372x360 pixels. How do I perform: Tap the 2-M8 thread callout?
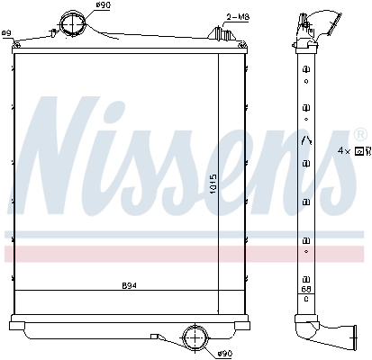(239, 16)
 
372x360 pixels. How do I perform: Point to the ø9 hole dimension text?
(6, 33)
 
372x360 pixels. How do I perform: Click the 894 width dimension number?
(130, 287)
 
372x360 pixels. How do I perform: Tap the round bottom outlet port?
(194, 337)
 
